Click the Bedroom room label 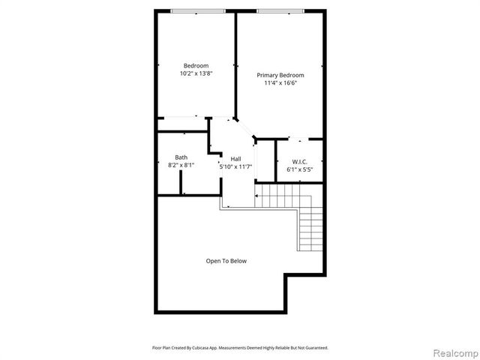tap(196, 65)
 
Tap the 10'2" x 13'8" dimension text tap(196, 73)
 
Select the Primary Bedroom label tap(280, 75)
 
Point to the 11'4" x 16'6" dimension tap(280, 83)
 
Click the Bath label tap(181, 157)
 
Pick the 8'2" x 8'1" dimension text tap(181, 165)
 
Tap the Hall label tap(235, 158)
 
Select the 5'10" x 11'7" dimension tap(235, 166)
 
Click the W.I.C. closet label tap(299, 161)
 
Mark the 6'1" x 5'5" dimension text tap(299, 169)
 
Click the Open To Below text tap(226, 261)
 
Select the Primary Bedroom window tap(280, 10)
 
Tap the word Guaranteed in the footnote tap(314, 348)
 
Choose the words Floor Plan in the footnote tap(161, 348)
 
